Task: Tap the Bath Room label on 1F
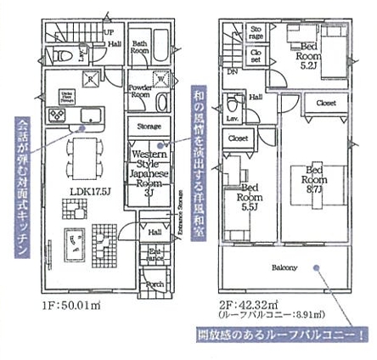pos(140,47)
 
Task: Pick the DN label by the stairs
pos(231,71)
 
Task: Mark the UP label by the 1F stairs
pos(109,31)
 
